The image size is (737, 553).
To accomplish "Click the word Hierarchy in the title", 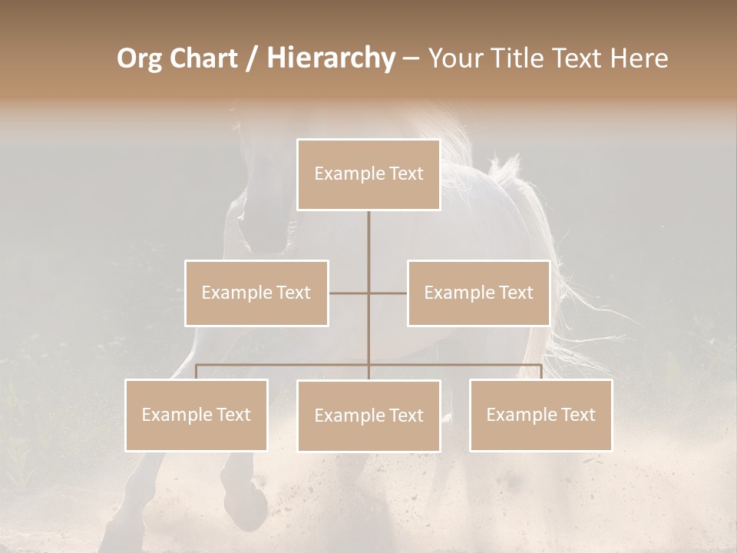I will point(331,58).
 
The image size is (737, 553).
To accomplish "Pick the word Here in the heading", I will point(639,58).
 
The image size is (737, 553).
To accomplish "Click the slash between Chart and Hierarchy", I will point(252,59).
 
